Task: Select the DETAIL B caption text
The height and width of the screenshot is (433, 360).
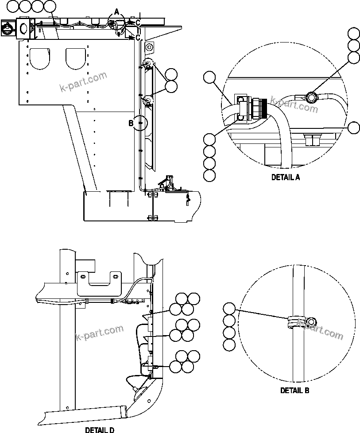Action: (294, 390)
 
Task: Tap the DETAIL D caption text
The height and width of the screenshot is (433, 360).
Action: (100, 429)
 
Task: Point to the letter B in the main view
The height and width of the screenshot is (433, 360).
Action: (131, 124)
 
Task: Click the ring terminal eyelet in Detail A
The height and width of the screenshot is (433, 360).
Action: (312, 96)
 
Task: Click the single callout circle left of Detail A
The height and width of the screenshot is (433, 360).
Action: (210, 78)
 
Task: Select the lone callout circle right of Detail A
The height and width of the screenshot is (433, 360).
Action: (354, 128)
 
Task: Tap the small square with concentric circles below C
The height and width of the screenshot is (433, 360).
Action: (149, 46)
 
